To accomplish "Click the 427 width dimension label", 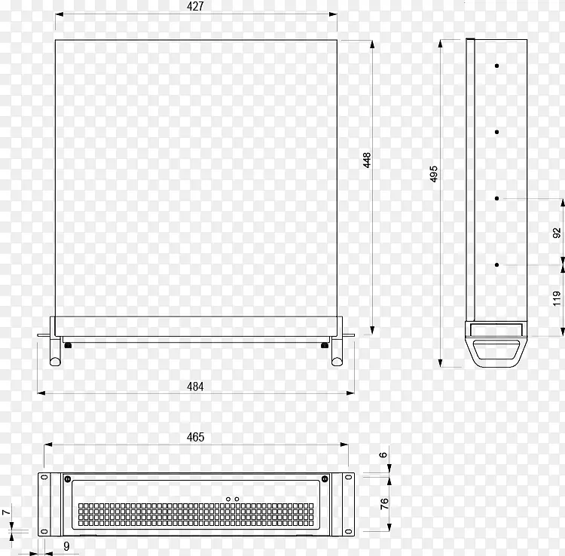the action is pyautogui.click(x=195, y=6).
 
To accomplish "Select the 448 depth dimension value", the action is pyautogui.click(x=367, y=160).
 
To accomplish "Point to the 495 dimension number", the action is pyautogui.click(x=434, y=174).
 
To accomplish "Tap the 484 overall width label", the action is pyautogui.click(x=195, y=386).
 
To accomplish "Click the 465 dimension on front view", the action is pyautogui.click(x=195, y=437).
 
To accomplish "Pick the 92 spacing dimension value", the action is pyautogui.click(x=557, y=233).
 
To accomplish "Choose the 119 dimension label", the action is pyautogui.click(x=557, y=299).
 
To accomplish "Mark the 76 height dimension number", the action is pyautogui.click(x=384, y=503).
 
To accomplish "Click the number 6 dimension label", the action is pyautogui.click(x=383, y=455).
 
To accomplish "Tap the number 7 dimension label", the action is pyautogui.click(x=5, y=512).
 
